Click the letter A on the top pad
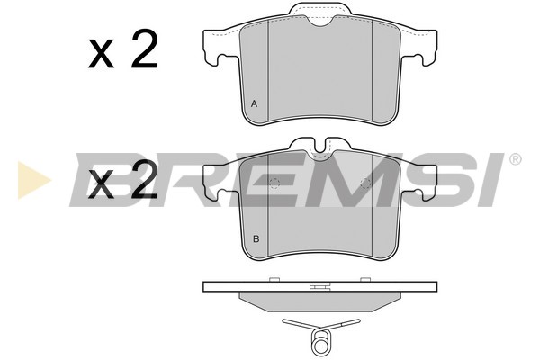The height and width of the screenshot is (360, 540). (254, 103)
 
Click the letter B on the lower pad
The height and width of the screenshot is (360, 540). (256, 238)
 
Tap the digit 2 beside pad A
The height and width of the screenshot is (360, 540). (145, 49)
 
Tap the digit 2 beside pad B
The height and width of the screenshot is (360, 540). (145, 179)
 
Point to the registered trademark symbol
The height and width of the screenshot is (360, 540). (515, 159)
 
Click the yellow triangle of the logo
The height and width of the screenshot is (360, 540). (34, 179)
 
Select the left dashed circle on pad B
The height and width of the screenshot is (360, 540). (274, 184)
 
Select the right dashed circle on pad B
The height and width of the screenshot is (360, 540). (365, 184)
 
